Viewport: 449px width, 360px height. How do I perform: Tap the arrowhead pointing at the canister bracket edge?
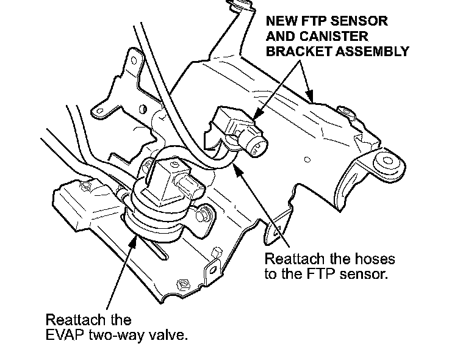pos(312,99)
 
